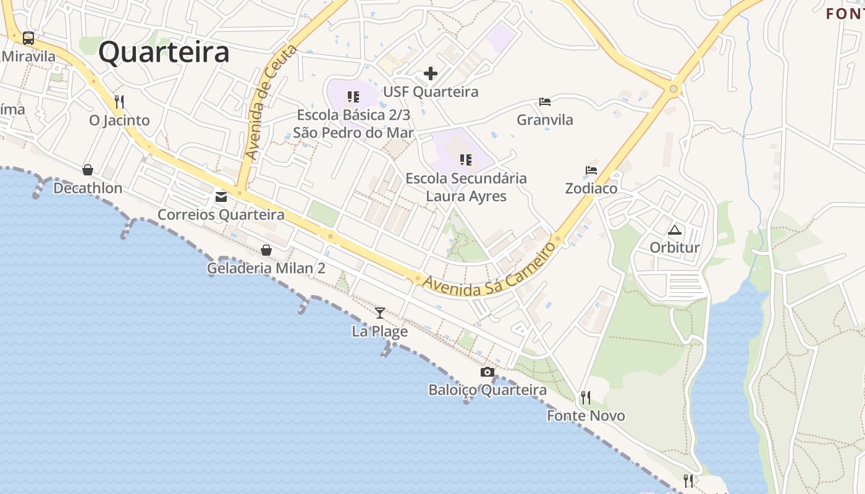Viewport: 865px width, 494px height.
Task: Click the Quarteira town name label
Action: click(164, 52)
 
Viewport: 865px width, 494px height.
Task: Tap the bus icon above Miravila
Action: click(28, 38)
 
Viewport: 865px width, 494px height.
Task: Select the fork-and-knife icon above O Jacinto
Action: click(119, 101)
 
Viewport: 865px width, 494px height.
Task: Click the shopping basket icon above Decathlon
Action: click(88, 170)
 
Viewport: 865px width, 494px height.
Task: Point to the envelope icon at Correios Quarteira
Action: click(221, 197)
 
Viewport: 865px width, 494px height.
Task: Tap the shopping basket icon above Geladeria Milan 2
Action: click(266, 250)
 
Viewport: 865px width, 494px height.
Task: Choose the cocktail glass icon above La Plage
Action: click(380, 313)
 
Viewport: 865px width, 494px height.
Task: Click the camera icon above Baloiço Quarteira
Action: click(487, 372)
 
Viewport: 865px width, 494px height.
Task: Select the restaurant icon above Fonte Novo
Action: click(586, 397)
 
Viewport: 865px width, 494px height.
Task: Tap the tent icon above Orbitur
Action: click(675, 230)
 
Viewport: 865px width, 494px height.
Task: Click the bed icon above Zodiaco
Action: click(591, 170)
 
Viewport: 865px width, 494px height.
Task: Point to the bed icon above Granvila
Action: click(545, 101)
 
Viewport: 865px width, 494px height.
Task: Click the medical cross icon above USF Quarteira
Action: click(431, 74)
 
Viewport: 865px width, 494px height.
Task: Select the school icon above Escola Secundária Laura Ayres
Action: click(466, 161)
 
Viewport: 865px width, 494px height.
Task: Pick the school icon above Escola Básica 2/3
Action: click(353, 97)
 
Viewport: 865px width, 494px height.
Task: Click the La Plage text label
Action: click(380, 332)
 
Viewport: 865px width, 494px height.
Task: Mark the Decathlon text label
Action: click(88, 188)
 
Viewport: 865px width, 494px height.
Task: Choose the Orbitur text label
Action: click(675, 248)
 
